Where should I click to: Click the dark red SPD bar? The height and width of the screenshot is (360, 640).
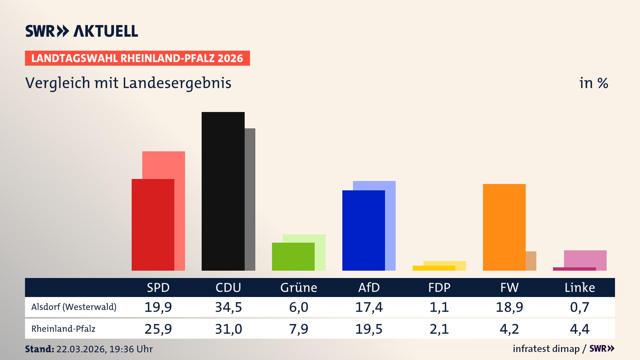click(x=153, y=225)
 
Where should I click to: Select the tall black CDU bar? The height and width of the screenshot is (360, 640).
click(x=223, y=192)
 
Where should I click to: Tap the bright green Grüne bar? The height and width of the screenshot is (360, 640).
click(x=293, y=257)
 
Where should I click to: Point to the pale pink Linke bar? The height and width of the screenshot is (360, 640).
click(x=585, y=258)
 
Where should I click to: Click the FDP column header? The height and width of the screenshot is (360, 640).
click(x=439, y=288)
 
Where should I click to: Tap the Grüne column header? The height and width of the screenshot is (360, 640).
click(x=298, y=288)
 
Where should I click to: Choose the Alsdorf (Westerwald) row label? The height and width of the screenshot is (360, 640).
click(x=74, y=307)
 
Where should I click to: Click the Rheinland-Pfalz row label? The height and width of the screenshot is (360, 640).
click(x=63, y=329)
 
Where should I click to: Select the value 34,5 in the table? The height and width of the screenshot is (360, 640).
click(x=228, y=307)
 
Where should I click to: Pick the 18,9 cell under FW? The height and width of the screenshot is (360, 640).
click(x=509, y=307)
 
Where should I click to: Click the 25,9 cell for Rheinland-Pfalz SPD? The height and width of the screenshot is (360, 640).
click(x=158, y=329)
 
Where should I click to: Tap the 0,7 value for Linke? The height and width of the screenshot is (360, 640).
click(x=580, y=307)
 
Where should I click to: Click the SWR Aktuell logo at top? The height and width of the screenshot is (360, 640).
click(x=82, y=31)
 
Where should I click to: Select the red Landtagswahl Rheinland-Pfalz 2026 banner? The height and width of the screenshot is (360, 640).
click(x=137, y=58)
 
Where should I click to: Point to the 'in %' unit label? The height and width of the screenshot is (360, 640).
click(x=594, y=83)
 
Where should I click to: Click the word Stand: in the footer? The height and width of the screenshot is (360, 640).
click(x=39, y=349)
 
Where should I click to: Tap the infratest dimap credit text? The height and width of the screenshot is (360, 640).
click(x=546, y=349)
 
